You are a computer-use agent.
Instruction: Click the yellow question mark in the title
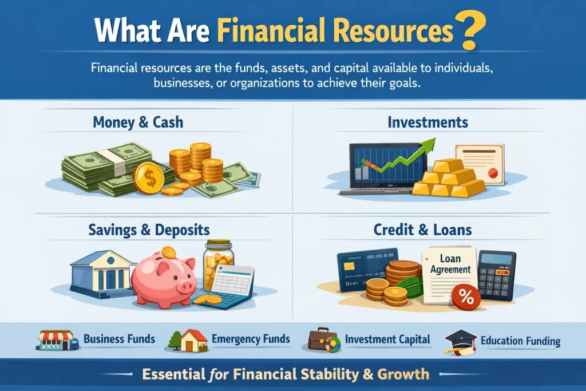pyautogui.click(x=472, y=30)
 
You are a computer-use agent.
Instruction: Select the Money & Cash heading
pyautogui.click(x=138, y=123)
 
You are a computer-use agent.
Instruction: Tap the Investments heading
pyautogui.click(x=427, y=123)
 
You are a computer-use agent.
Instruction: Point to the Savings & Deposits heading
pyautogui.click(x=149, y=230)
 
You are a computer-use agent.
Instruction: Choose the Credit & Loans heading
pyautogui.click(x=422, y=230)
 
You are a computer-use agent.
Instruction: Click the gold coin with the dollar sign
pyautogui.click(x=149, y=178)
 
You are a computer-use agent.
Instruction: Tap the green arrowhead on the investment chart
pyautogui.click(x=429, y=144)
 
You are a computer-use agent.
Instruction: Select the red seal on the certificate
pyautogui.click(x=493, y=173)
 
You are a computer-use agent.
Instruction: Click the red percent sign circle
pyautogui.click(x=466, y=297)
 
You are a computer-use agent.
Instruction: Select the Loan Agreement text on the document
pyautogui.click(x=450, y=264)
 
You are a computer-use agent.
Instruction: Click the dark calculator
pyautogui.click(x=497, y=275)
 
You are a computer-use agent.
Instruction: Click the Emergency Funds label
pyautogui.click(x=251, y=339)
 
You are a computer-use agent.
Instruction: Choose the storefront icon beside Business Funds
pyautogui.click(x=57, y=340)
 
